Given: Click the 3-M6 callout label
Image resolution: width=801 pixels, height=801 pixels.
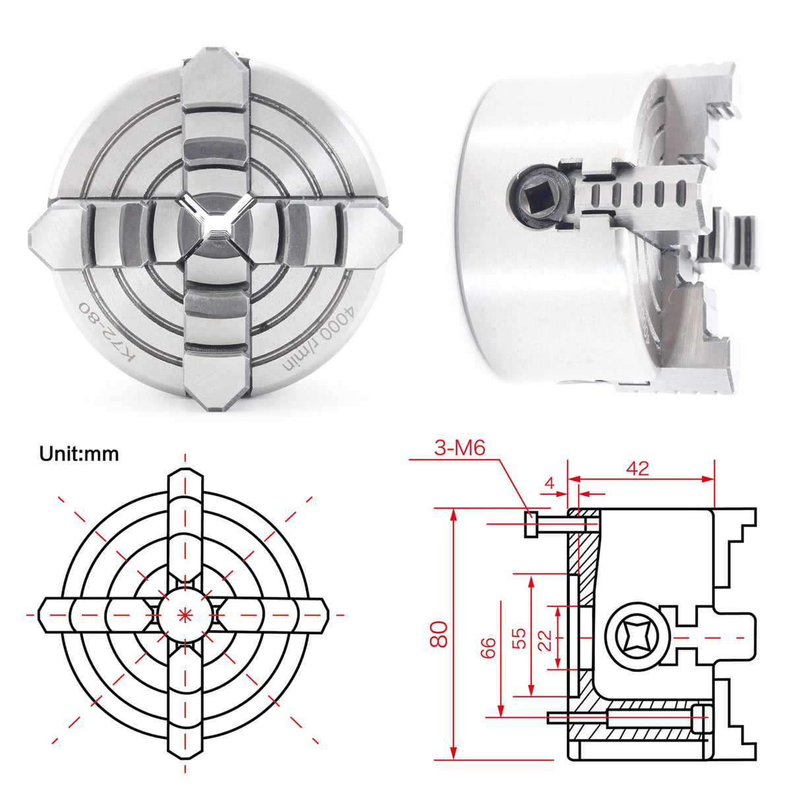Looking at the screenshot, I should coord(460,449).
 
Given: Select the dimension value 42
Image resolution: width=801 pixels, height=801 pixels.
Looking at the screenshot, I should coord(637,468).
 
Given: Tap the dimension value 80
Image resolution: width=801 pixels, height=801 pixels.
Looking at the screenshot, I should coord(440,633).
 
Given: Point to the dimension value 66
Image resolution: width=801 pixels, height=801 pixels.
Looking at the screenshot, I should coord(489,647).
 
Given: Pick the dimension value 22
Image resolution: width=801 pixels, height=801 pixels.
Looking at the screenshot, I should coord(545,639).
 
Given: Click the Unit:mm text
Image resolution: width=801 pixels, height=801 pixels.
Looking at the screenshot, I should coord(79,454).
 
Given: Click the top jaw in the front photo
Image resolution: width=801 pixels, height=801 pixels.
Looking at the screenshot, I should coord(215,112).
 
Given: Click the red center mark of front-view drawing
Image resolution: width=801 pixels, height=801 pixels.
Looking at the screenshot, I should coord(184,614).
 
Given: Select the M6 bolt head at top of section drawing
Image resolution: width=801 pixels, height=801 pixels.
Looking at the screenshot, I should coord(531,524).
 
